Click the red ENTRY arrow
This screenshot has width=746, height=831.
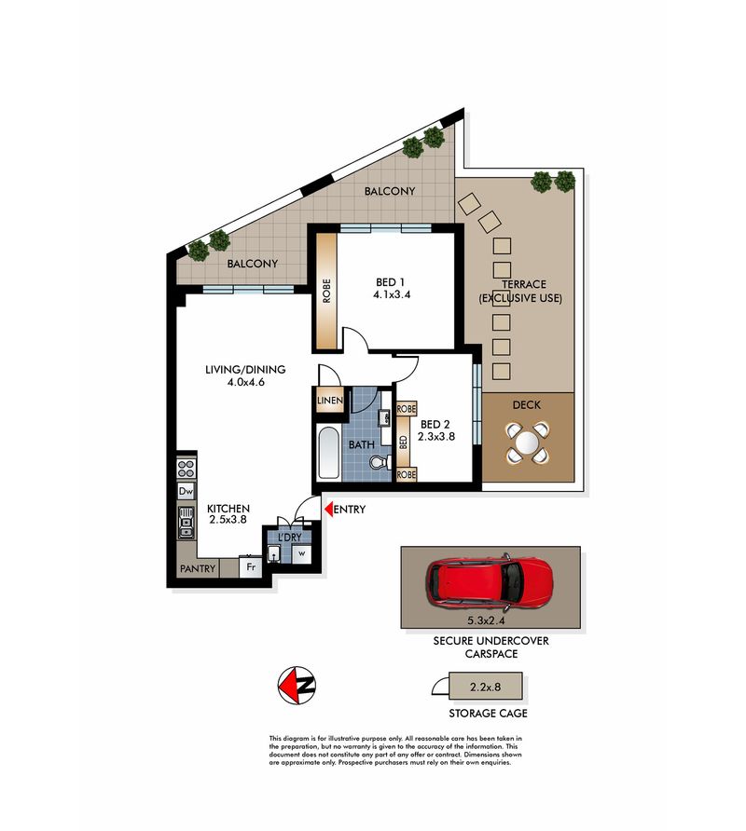point(328,510)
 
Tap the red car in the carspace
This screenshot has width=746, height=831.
point(490,583)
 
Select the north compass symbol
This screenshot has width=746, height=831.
point(297,686)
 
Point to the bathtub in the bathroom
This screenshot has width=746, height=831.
point(328,453)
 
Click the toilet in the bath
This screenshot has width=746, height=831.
point(380,462)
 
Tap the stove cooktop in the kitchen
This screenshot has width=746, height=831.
point(186,469)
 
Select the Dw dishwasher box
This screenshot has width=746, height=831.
point(186,491)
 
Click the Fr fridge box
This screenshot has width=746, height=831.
point(251,567)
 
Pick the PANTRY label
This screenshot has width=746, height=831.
point(198,568)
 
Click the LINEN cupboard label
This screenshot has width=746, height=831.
point(330,401)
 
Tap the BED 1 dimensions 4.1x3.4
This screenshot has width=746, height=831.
point(392,294)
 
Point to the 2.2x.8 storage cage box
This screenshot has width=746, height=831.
point(486,687)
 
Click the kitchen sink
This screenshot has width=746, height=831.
point(186,522)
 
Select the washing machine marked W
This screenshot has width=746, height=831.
point(302,553)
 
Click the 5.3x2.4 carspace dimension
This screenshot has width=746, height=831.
point(486,620)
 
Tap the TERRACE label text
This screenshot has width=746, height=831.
point(524,284)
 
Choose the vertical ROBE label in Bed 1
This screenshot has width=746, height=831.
point(326,291)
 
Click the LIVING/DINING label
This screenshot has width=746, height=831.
point(245,370)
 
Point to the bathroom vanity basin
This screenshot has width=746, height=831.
point(384,417)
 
